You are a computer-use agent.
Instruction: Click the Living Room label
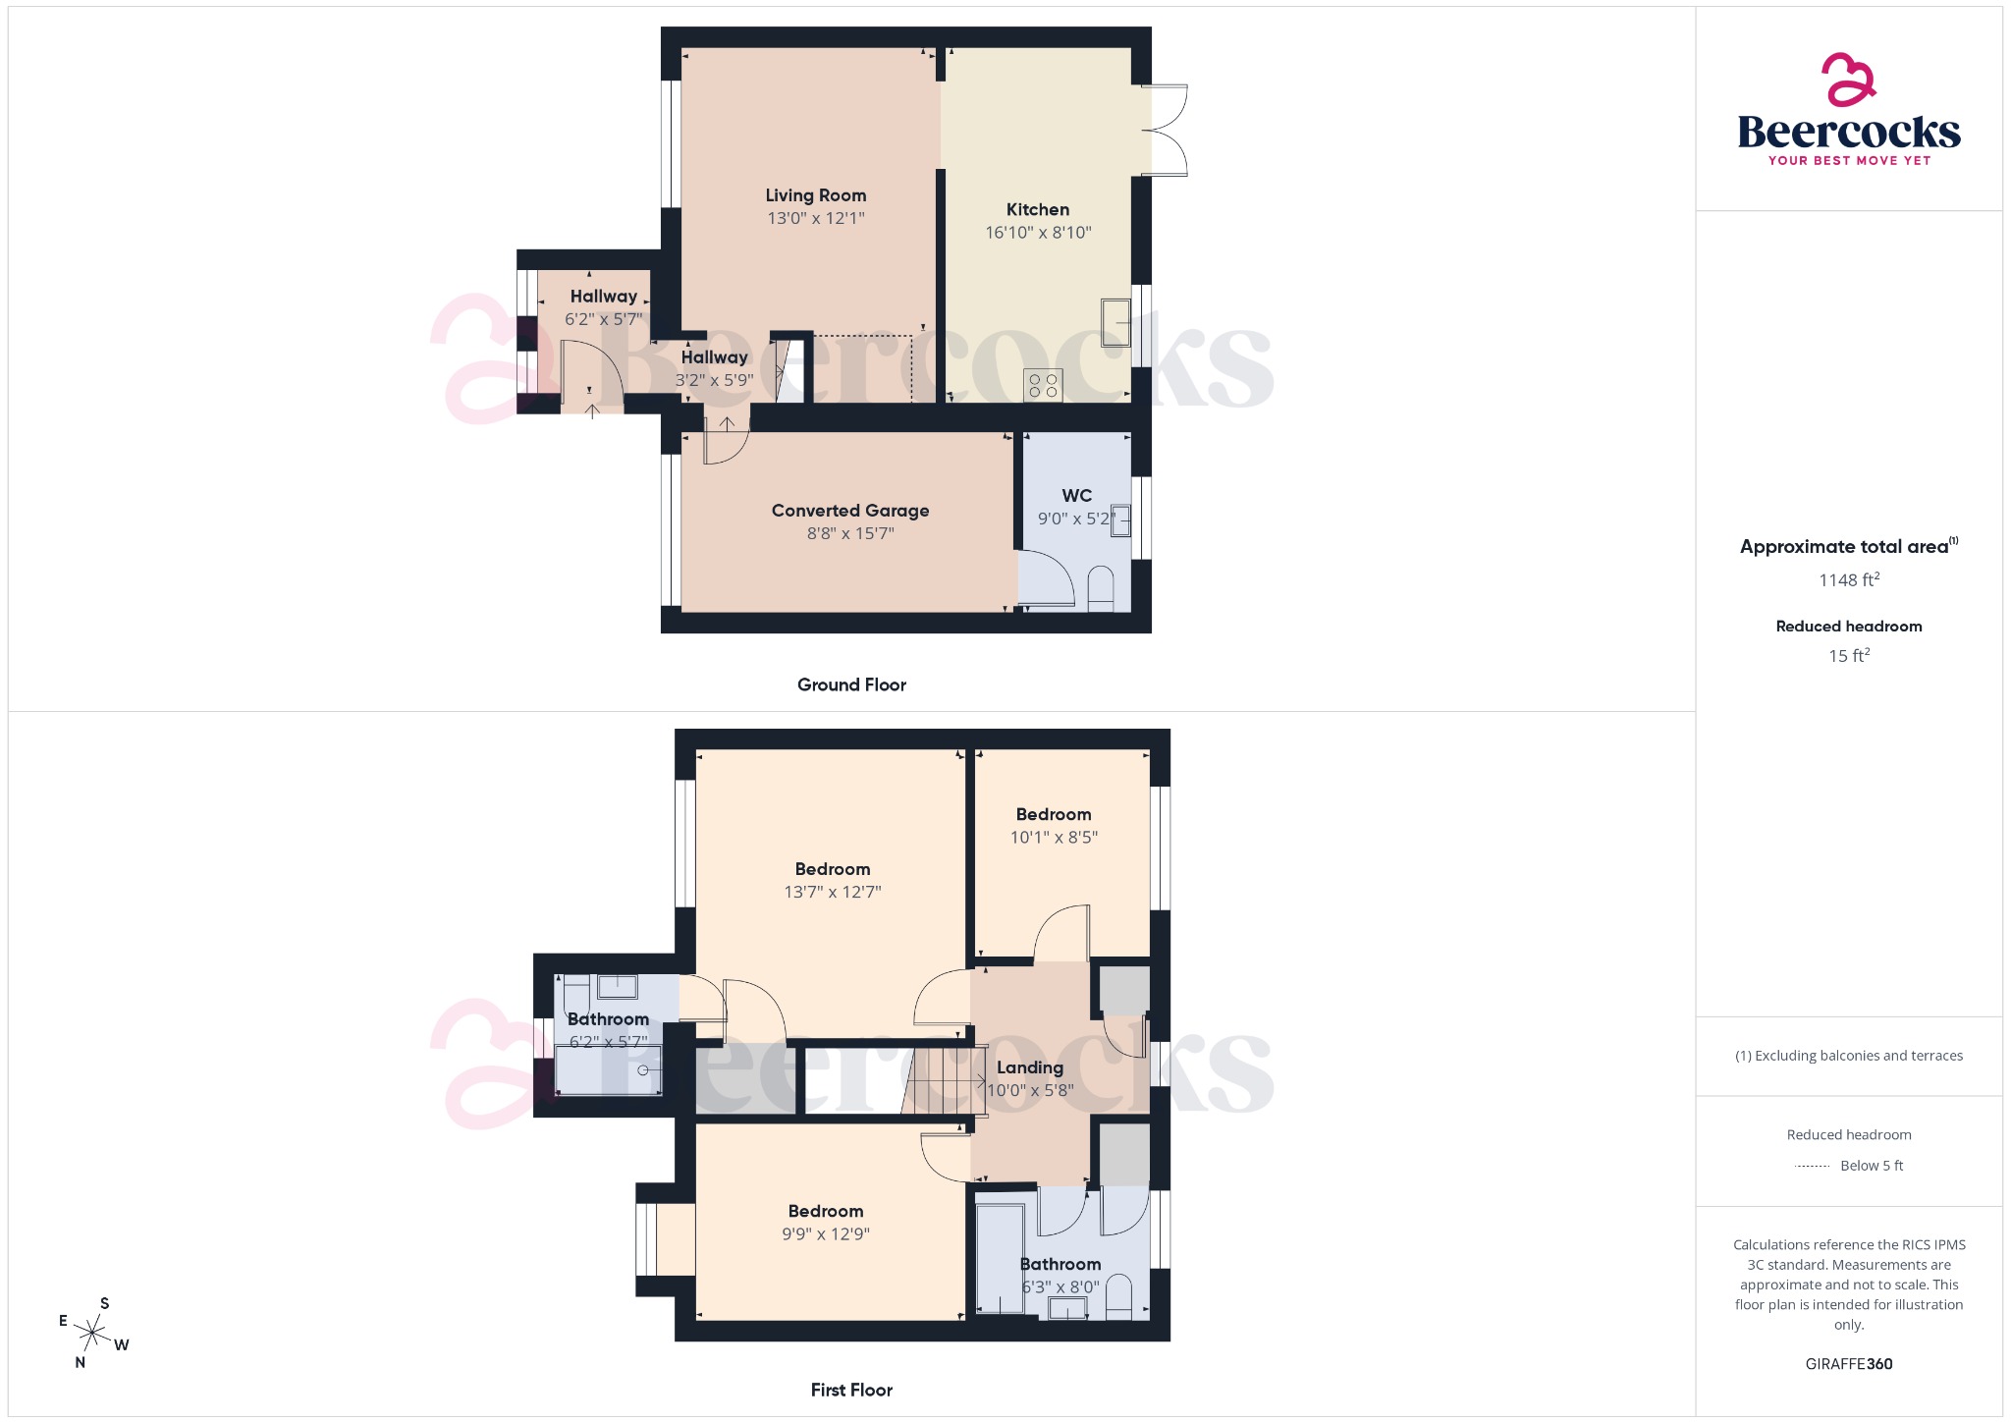(815, 195)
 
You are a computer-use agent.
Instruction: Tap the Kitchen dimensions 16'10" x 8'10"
(1038, 233)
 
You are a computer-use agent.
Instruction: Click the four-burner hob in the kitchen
(1043, 385)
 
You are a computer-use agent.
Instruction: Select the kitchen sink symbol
(1115, 323)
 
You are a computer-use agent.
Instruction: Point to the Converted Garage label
(849, 511)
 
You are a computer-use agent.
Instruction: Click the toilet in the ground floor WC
(1101, 589)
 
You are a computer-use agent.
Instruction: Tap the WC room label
(1076, 496)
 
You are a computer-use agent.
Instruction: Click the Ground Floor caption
(851, 685)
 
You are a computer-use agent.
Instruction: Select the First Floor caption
(851, 1391)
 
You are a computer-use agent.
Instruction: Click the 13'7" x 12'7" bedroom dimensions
(832, 893)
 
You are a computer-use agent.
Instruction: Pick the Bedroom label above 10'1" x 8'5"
(1053, 815)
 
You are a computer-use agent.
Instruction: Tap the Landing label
(1029, 1068)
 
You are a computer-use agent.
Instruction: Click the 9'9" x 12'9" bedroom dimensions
(825, 1234)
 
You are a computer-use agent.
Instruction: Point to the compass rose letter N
(81, 1363)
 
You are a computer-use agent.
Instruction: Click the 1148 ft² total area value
(1848, 580)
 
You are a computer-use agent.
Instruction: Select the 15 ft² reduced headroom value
(1848, 656)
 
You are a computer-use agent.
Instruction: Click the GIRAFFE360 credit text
(1848, 1364)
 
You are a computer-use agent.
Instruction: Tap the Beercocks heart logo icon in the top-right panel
(1848, 80)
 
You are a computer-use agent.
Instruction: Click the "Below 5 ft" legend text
(1871, 1166)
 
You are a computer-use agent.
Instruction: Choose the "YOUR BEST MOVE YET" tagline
(1848, 161)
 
